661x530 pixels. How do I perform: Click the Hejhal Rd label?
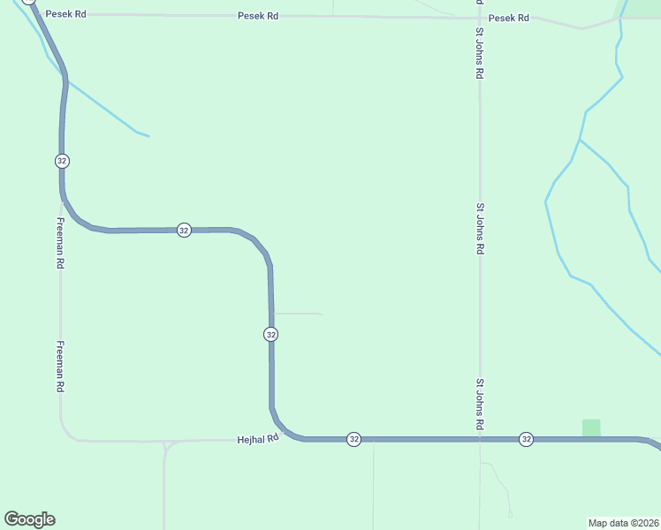(258, 438)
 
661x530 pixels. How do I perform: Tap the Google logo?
(29, 519)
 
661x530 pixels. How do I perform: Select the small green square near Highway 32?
(591, 428)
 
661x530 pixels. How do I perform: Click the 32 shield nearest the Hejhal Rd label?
(353, 439)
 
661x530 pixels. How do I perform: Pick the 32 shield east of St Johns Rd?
(526, 439)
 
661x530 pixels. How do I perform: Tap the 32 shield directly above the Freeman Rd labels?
(61, 161)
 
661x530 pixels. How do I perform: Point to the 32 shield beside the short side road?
(270, 334)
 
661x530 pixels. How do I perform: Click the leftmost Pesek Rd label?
(67, 15)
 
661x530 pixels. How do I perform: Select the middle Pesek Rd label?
(258, 16)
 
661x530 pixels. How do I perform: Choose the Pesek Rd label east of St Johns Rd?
(509, 18)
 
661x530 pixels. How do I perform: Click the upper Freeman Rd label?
(60, 243)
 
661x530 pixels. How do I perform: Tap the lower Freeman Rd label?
(60, 367)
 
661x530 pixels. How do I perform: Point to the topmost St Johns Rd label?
(479, 54)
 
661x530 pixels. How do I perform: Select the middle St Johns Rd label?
(480, 229)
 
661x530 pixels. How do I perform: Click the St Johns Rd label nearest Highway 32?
(480, 405)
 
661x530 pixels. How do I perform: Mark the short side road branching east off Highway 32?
(298, 313)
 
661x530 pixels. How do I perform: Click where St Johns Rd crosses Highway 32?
(480, 439)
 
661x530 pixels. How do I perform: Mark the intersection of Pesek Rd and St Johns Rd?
(479, 18)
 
